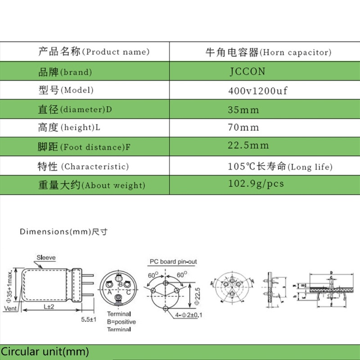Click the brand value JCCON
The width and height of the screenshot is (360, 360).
pos(247,72)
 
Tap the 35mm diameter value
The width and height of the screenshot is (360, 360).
pos(244,109)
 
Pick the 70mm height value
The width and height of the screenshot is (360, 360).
pos(244,127)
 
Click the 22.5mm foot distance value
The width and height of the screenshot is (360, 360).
pos(248,145)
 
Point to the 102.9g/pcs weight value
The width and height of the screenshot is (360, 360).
pos(256,184)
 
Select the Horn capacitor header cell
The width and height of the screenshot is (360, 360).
pos(268,52)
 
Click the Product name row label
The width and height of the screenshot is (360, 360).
pos(94,52)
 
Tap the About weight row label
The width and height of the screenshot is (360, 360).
pos(91,185)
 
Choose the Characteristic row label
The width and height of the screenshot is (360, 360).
pos(84,166)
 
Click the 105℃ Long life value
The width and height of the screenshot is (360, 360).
pos(280,166)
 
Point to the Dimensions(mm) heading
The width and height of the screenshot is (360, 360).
pos(63,232)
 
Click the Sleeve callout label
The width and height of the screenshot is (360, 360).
pos(46,258)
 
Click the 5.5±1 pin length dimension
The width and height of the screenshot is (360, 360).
pos(88,319)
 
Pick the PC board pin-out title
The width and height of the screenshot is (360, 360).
pos(173,261)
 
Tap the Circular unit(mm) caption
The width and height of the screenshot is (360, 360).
pos(45,351)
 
